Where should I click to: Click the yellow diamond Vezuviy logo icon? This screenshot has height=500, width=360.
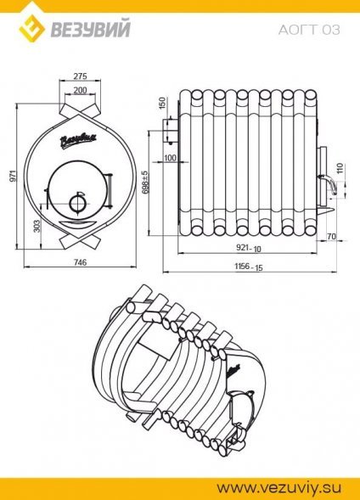tap(31, 31)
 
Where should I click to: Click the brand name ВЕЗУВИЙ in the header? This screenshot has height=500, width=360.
tap(91, 29)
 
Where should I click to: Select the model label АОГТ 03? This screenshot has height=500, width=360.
tap(309, 30)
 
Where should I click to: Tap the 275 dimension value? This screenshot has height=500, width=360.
tap(80, 76)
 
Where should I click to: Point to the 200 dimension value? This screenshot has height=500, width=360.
tap(80, 90)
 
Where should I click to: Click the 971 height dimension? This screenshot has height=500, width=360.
tap(13, 176)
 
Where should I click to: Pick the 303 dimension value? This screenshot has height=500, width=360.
tap(37, 226)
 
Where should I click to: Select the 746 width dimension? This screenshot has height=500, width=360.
tap(80, 262)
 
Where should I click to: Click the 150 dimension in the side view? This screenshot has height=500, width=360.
tap(162, 104)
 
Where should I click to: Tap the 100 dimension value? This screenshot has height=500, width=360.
tap(170, 158)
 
